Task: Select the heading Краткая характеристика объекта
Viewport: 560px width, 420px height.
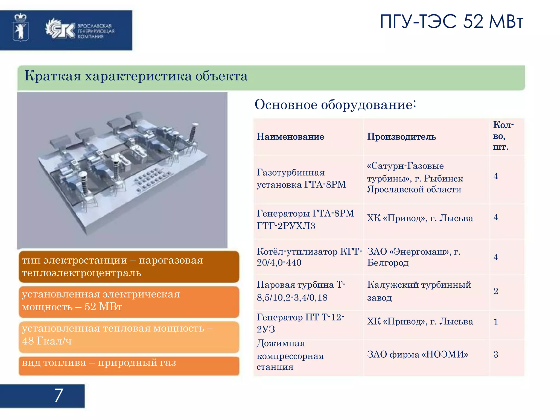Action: point(136,76)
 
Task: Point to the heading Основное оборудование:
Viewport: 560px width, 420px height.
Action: point(335,105)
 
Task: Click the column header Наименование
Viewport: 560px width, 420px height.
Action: point(290,136)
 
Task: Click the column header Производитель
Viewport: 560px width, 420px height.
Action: point(401,136)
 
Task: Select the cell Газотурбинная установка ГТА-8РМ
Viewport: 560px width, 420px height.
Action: point(301,179)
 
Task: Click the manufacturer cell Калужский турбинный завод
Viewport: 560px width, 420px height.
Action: point(419,291)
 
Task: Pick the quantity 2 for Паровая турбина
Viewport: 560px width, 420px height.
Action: point(495,291)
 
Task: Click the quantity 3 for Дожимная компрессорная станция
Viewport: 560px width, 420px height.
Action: point(495,355)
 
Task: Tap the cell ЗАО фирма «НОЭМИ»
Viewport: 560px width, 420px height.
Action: point(417,355)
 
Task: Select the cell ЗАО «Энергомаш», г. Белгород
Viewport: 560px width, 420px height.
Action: point(413,257)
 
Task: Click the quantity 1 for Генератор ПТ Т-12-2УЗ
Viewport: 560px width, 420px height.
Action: point(495,322)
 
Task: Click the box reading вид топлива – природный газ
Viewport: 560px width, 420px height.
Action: point(129,366)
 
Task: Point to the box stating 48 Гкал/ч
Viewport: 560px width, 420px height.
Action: point(129,337)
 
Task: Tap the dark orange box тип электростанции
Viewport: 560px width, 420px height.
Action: point(129,267)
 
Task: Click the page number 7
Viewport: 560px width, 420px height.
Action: point(59,395)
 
